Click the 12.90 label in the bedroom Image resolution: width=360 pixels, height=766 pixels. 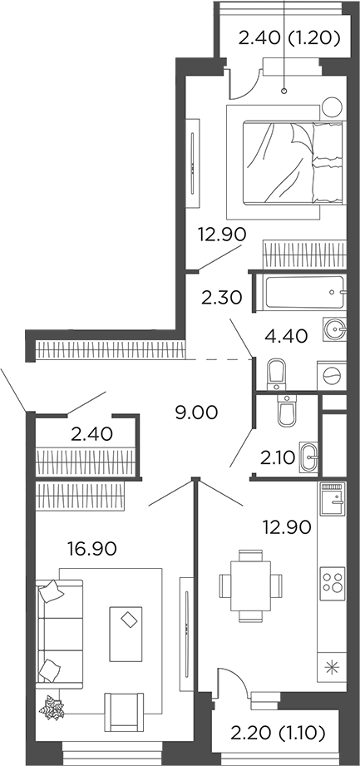[x=222, y=235]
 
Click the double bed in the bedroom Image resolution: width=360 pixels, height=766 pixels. [x=284, y=161]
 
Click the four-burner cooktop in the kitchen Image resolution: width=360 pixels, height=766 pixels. [x=333, y=579]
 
